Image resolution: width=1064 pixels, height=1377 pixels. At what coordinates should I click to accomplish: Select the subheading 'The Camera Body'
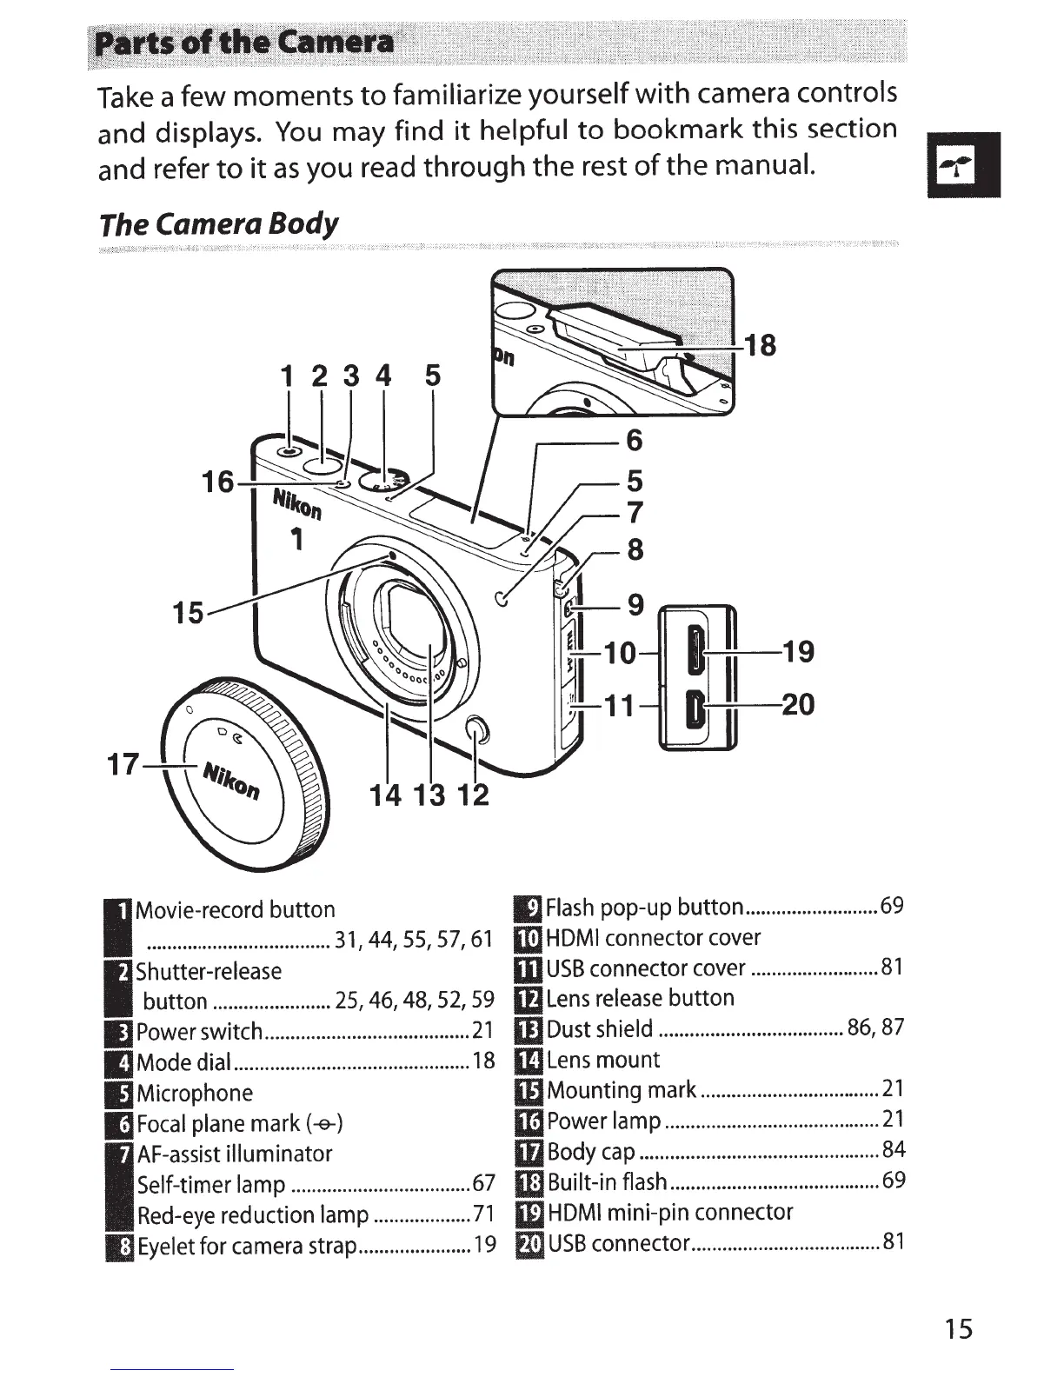tap(218, 224)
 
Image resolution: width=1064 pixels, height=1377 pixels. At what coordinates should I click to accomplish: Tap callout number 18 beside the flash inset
tap(759, 345)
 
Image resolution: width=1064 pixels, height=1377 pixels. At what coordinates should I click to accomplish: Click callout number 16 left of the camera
tap(218, 481)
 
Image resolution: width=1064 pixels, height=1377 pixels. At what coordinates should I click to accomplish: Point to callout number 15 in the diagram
tap(188, 612)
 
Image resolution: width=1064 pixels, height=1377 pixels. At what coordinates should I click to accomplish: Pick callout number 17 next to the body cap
tap(123, 765)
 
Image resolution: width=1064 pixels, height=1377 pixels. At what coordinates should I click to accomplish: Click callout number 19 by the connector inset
tap(798, 650)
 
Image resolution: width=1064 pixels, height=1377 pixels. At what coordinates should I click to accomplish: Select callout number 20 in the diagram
tap(798, 703)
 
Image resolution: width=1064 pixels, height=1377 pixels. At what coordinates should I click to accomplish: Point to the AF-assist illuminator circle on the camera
tap(500, 597)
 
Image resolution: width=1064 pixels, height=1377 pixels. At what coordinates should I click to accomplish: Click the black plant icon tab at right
tap(963, 165)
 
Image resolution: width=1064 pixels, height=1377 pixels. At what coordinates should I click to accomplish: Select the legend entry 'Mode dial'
tap(184, 1061)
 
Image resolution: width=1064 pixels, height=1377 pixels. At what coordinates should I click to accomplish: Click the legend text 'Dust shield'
tap(600, 1029)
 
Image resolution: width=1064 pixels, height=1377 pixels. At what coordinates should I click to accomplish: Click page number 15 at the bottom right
tap(960, 1328)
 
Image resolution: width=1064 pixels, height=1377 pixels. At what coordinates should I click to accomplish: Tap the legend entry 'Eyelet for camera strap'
tap(247, 1246)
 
